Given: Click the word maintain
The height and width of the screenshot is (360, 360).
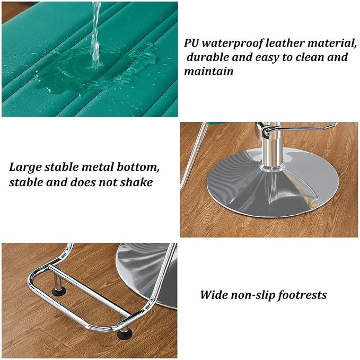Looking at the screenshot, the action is pos(209,71).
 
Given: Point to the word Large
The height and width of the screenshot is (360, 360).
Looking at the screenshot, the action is pos(25,168).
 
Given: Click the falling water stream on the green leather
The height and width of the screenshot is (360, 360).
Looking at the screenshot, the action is pos(96,34).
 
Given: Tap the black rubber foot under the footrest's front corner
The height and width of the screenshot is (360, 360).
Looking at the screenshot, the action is pos(125,334).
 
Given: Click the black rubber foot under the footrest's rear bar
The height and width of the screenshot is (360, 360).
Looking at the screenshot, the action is pos(58,292).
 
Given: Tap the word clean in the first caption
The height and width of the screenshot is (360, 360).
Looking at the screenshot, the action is pos(310,57).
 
